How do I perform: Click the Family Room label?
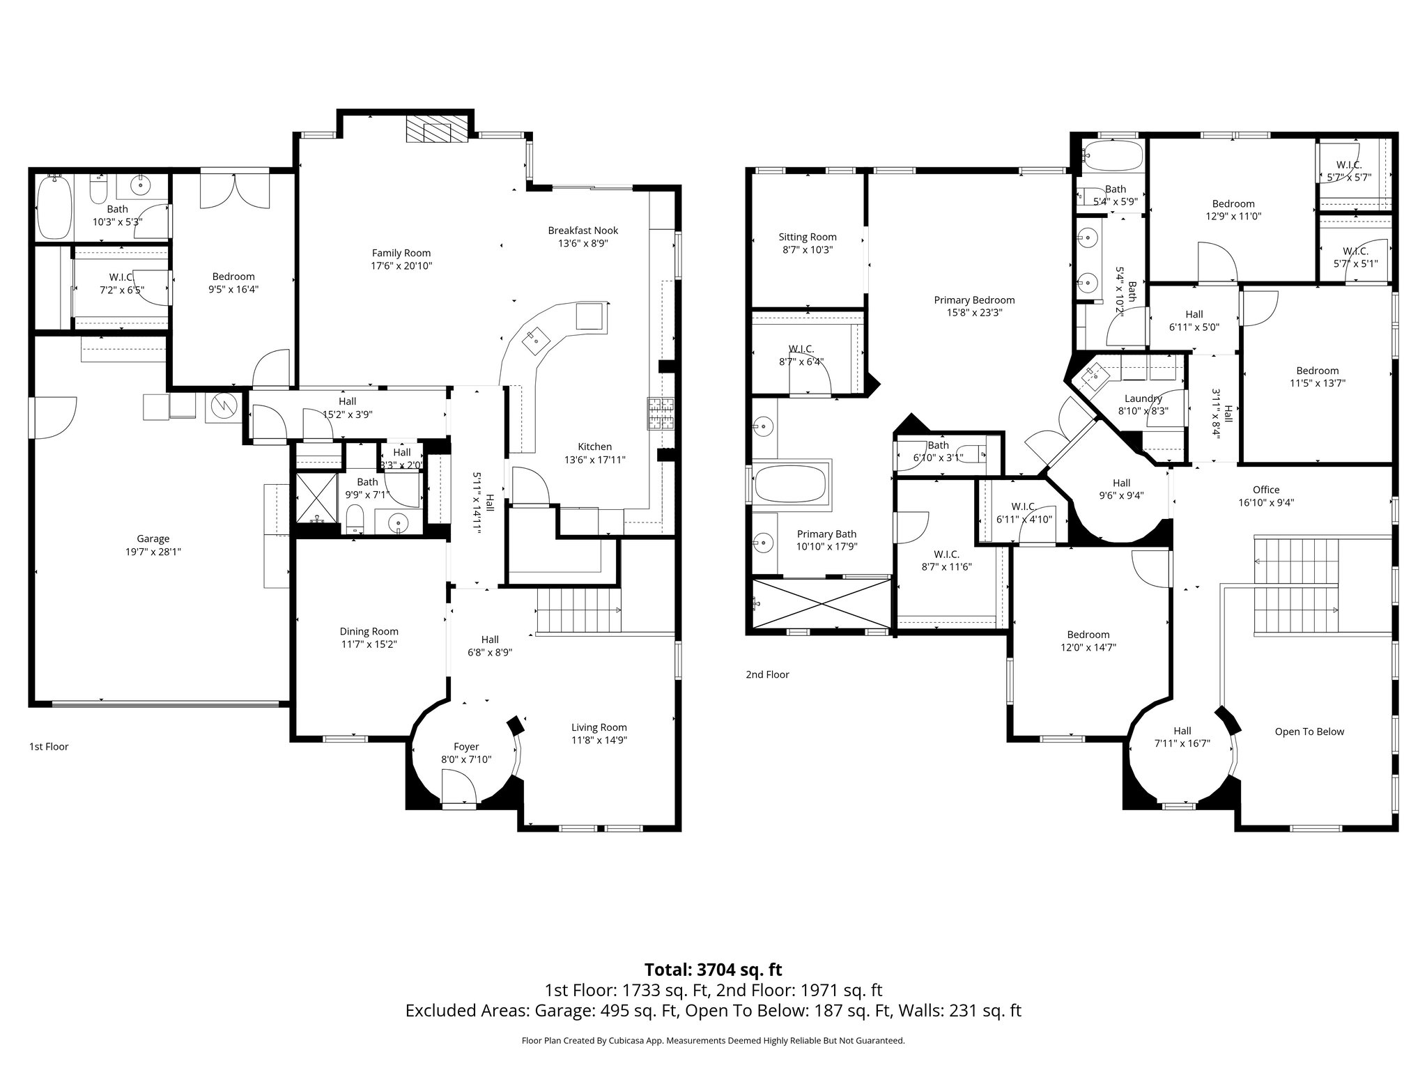click(401, 253)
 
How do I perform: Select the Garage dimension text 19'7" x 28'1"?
click(153, 551)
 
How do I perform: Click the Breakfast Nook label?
click(583, 231)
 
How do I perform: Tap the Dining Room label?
click(369, 632)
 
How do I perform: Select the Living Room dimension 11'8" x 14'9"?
click(599, 740)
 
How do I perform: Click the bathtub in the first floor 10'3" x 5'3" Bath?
click(54, 207)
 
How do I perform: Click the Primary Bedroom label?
click(974, 300)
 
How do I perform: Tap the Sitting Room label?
click(808, 237)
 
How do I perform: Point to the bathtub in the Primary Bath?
click(791, 483)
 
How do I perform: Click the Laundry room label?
click(1143, 398)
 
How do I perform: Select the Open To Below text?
click(1309, 731)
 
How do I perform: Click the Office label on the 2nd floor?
click(1265, 490)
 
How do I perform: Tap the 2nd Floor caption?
click(767, 674)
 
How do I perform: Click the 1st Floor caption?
click(49, 747)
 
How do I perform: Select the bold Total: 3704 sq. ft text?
click(713, 970)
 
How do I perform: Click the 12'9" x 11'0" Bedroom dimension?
click(1233, 216)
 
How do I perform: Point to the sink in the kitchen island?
click(535, 338)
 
